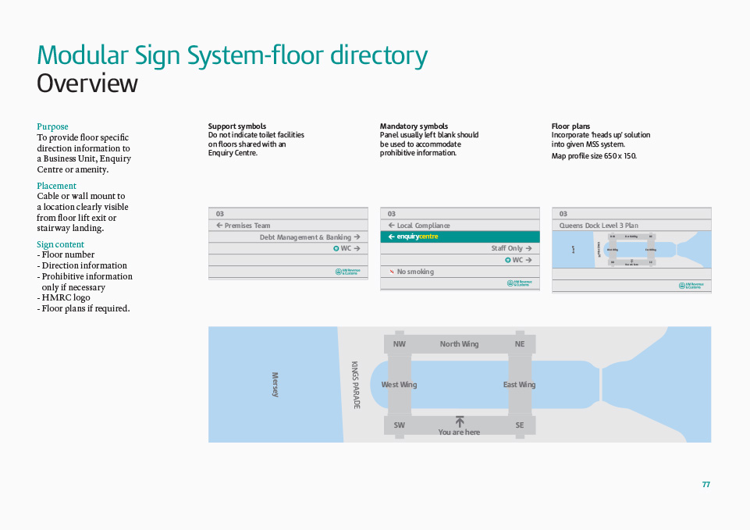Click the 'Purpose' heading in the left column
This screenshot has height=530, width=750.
point(52,126)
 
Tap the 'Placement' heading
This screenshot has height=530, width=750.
point(56,186)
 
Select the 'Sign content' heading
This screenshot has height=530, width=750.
point(60,244)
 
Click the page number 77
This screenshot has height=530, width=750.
point(706,485)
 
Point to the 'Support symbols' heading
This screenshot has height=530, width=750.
point(236,126)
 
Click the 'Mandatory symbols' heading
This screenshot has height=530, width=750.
point(414,126)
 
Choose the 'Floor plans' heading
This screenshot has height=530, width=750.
point(570,126)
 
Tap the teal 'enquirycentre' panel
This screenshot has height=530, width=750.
point(460,237)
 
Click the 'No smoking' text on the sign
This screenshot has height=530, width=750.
point(414,272)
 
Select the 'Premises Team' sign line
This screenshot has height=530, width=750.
point(247,226)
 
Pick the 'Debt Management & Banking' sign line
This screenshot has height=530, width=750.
point(305,237)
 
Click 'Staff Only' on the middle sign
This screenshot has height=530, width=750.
point(507,248)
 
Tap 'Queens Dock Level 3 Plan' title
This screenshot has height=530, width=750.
point(598,226)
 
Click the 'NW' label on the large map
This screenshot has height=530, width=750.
point(399,344)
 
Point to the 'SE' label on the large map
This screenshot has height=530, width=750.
point(520,425)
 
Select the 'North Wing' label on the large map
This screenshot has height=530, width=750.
point(459,344)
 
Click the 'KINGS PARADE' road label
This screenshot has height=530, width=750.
point(356,385)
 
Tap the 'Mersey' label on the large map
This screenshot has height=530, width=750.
point(275,384)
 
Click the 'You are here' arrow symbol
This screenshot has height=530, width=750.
point(460,422)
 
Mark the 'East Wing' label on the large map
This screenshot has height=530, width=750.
point(519,385)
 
